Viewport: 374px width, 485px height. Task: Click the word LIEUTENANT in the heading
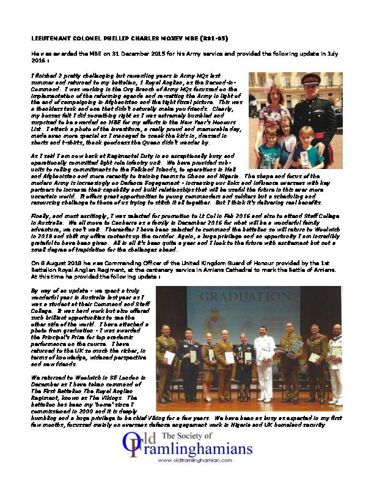[x=51, y=37]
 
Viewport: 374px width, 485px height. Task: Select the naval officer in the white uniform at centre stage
[x=264, y=361]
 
